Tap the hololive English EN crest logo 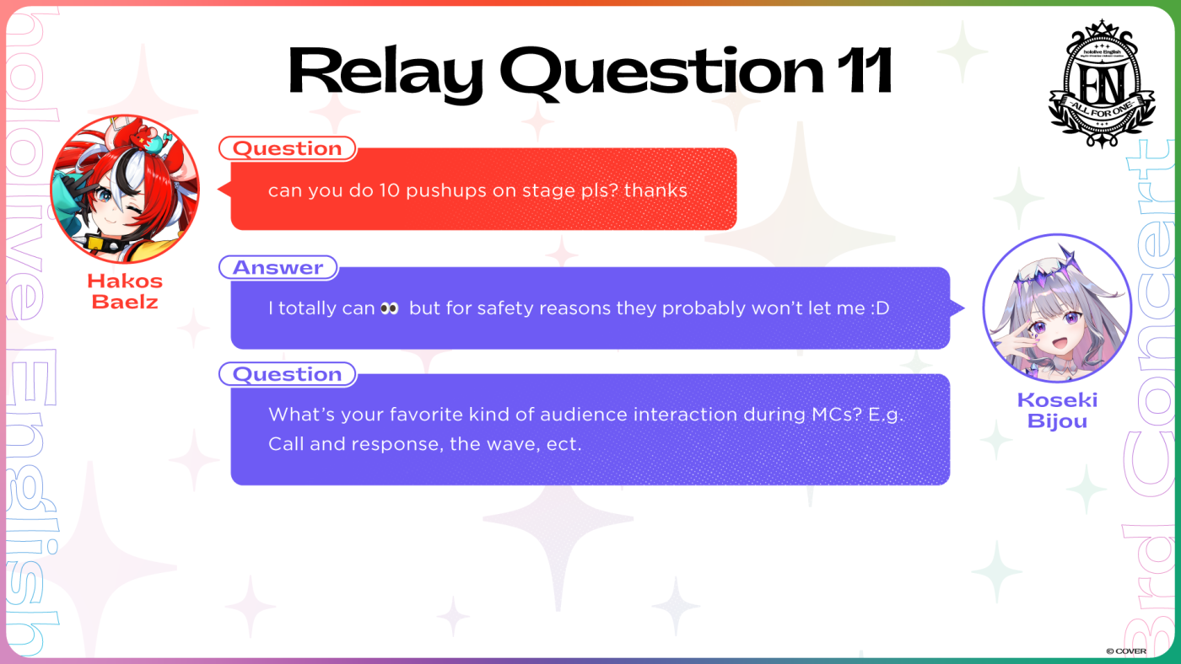pos(1102,83)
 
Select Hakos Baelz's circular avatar pos(125,189)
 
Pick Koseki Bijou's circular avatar pos(1057,308)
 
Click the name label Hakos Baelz pos(125,292)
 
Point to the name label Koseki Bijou pos(1057,410)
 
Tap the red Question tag pos(288,148)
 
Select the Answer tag pos(278,267)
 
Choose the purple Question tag pos(288,374)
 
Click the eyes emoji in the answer pos(390,308)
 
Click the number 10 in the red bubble pos(389,190)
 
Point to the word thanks pos(655,190)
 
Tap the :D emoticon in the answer pos(880,308)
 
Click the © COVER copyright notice pos(1126,651)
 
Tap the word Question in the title pos(661,72)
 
